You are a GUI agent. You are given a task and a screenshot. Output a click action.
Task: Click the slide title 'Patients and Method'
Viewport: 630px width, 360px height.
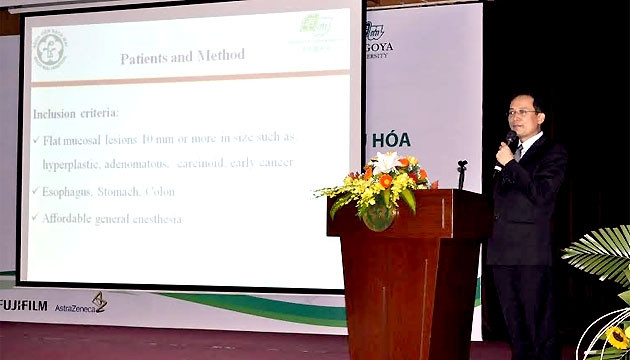coord(182,57)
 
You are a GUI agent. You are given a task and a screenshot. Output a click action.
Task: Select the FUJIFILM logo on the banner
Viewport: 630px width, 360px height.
coord(23,305)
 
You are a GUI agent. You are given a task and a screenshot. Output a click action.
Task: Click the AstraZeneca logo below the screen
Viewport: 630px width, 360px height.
coord(80,305)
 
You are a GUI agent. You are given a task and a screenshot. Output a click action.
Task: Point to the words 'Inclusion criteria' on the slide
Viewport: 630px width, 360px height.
coord(76,114)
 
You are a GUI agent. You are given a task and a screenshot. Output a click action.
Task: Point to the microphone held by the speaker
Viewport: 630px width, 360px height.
coord(508,145)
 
